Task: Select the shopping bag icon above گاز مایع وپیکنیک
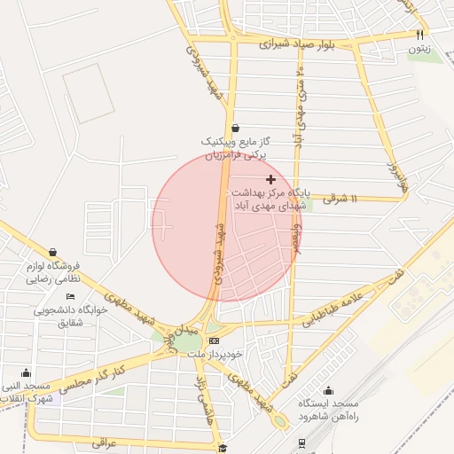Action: (x=232, y=127)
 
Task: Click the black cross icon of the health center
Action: (x=270, y=179)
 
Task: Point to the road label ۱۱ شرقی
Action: (x=340, y=200)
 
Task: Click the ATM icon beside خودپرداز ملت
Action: (x=214, y=340)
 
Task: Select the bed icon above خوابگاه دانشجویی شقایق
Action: (x=70, y=296)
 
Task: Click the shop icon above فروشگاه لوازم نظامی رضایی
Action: (x=53, y=252)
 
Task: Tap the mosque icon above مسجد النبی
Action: (x=26, y=372)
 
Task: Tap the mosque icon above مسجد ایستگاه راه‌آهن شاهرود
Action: (x=329, y=391)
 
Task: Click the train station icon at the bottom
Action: (x=303, y=442)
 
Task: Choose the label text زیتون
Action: (x=419, y=50)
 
